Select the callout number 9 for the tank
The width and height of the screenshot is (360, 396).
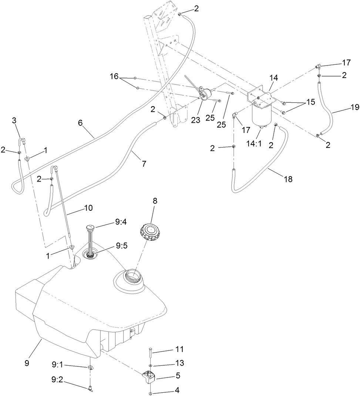coord(27,363)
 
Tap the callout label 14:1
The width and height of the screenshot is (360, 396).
coord(254,144)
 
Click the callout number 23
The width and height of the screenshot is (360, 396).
coord(195,120)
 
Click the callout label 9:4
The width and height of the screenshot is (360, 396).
coord(121,223)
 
